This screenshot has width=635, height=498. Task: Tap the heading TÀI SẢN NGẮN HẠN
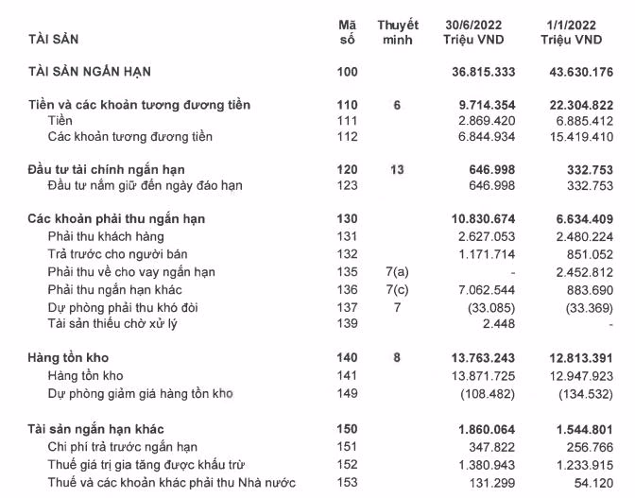[x=91, y=71]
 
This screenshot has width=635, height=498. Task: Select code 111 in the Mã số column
[x=347, y=121]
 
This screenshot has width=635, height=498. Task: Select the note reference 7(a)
[x=398, y=272]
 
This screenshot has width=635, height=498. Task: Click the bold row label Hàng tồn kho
[x=63, y=359]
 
